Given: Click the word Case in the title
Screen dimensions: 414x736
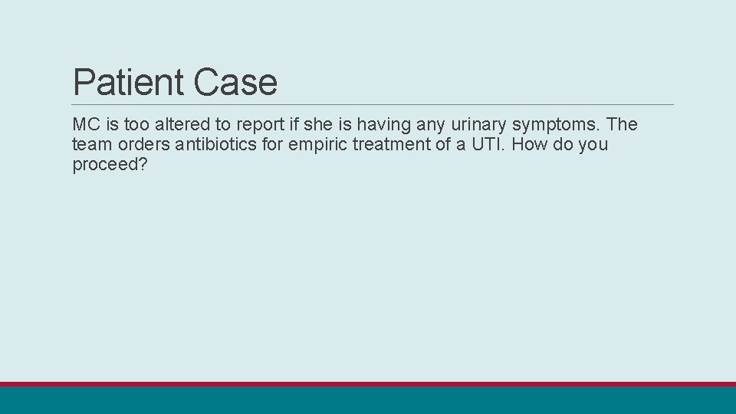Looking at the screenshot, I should click(x=235, y=82).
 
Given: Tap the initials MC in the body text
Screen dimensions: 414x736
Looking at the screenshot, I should click(x=84, y=124).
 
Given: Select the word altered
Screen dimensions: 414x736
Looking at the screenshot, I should click(x=177, y=124).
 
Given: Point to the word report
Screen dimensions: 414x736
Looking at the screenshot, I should click(x=257, y=124).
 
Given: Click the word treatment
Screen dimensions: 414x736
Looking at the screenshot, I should click(x=398, y=144).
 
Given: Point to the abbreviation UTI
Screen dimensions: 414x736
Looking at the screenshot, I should click(x=485, y=144).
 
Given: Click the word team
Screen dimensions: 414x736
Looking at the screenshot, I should click(x=90, y=144).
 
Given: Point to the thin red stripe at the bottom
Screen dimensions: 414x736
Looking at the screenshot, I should click(x=368, y=384).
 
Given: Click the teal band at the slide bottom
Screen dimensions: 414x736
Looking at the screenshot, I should click(x=368, y=400).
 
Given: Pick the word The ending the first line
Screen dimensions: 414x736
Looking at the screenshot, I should click(x=622, y=124).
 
